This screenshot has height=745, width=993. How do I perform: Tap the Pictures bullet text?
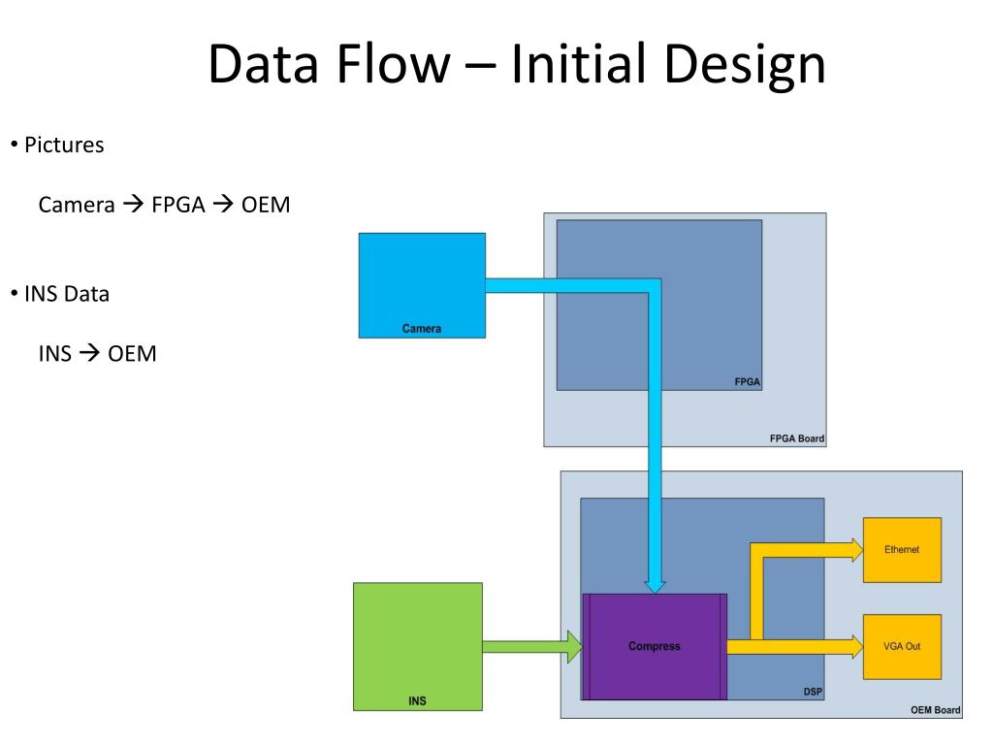coord(64,146)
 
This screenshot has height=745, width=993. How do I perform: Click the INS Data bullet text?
coord(67,294)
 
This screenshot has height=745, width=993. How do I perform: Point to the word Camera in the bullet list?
coord(77,205)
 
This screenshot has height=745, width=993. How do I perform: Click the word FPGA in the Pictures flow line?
coord(177,205)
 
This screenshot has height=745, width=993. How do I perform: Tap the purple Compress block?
coord(655,646)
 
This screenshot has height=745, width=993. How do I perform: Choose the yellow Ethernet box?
coord(902,550)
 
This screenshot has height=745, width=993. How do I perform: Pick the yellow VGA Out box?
coord(902,646)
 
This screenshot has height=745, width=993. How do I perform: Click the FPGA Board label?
coord(797,438)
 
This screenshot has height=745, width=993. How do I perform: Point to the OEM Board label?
coord(935,710)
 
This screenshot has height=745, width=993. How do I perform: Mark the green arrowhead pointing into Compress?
coord(573,646)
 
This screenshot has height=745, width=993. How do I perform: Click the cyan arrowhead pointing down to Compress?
coord(656,584)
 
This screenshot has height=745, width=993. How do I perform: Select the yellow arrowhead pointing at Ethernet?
coord(854,550)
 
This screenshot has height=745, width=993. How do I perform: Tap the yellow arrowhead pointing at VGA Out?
coord(854,646)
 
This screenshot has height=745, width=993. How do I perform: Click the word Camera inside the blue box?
coord(422,329)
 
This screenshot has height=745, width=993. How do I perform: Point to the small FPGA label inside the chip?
coord(748,382)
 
